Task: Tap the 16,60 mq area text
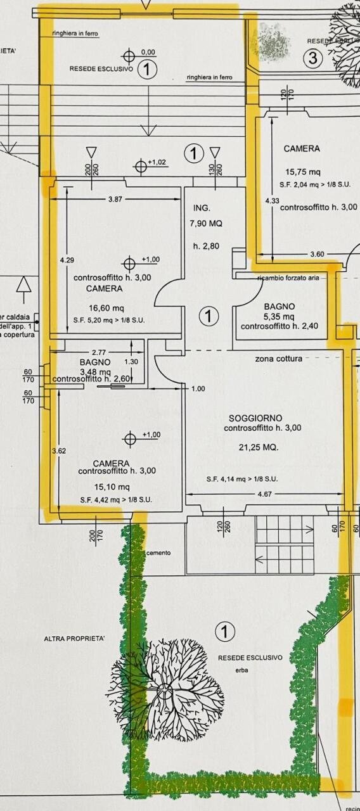tap(104, 308)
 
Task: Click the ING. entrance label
tap(201, 208)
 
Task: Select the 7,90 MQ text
tap(206, 224)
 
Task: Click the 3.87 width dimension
tap(115, 199)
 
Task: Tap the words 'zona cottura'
tap(278, 359)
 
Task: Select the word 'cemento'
tap(158, 552)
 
